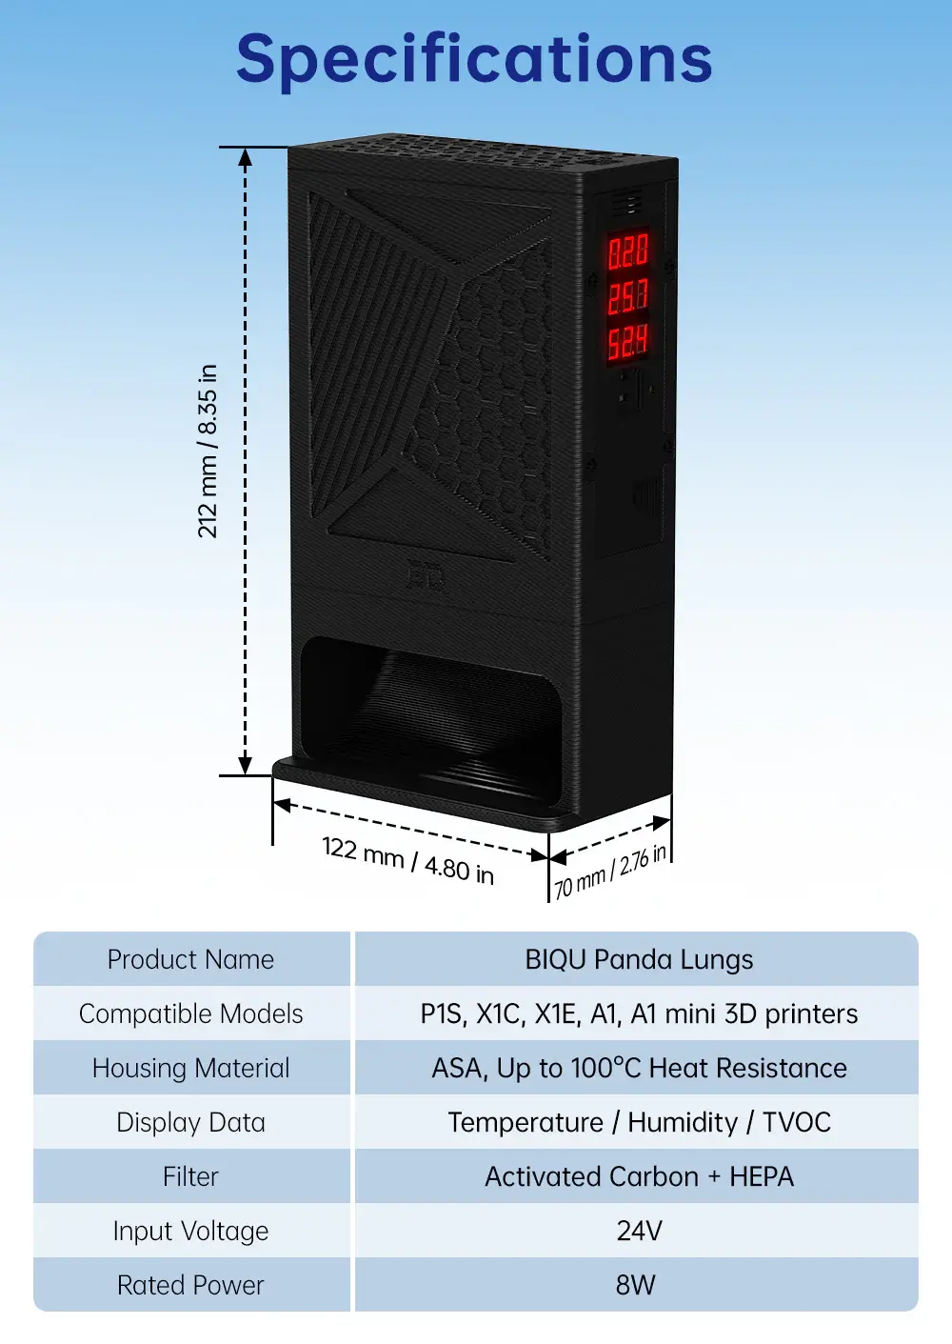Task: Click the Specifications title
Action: [x=474, y=59]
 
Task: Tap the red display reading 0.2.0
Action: [x=627, y=251]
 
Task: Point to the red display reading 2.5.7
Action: [x=627, y=297]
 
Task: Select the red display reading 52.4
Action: [x=627, y=343]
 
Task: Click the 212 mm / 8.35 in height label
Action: [x=208, y=451]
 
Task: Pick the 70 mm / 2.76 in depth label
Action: [x=609, y=873]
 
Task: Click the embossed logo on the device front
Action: [x=426, y=576]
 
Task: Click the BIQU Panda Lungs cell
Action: [x=639, y=959]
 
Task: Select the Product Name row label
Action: [x=190, y=959]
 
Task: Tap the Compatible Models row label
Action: [x=190, y=1013]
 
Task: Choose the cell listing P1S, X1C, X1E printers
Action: [x=639, y=1013]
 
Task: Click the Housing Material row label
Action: [x=190, y=1068]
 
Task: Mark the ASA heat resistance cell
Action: [x=639, y=1068]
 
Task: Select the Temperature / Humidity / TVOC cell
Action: [x=639, y=1122]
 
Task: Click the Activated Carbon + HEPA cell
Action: [x=639, y=1176]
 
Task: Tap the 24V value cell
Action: [x=639, y=1232]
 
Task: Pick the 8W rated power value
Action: [x=636, y=1285]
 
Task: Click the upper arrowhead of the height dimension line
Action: [x=245, y=157]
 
